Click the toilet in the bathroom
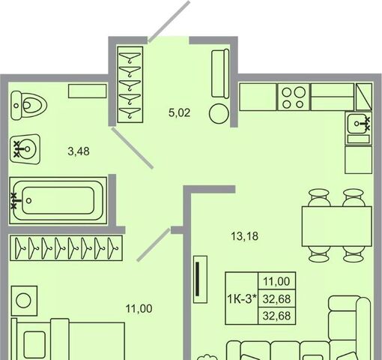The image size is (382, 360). click(x=28, y=105)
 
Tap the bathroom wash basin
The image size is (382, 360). click(x=25, y=149)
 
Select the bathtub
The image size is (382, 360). click(x=58, y=200)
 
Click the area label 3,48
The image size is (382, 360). click(x=79, y=151)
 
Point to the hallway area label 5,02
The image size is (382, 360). click(x=180, y=112)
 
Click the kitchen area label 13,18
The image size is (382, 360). click(x=245, y=236)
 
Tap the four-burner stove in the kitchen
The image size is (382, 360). click(x=294, y=97)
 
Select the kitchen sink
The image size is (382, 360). click(x=359, y=124)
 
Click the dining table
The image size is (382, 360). click(x=337, y=226)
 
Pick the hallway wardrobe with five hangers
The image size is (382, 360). click(x=130, y=85)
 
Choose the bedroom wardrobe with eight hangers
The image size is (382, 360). click(x=66, y=247)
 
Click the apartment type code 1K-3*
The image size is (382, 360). click(x=242, y=298)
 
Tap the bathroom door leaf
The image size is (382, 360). click(x=132, y=148)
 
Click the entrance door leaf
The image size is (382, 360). click(x=169, y=21)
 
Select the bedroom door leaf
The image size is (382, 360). click(x=154, y=245)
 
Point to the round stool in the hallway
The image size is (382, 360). click(x=219, y=114)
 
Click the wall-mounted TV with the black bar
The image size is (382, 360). click(x=200, y=280)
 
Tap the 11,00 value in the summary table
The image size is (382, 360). click(x=276, y=281)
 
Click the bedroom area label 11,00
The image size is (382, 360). click(x=139, y=309)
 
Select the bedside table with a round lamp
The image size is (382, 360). click(x=24, y=301)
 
